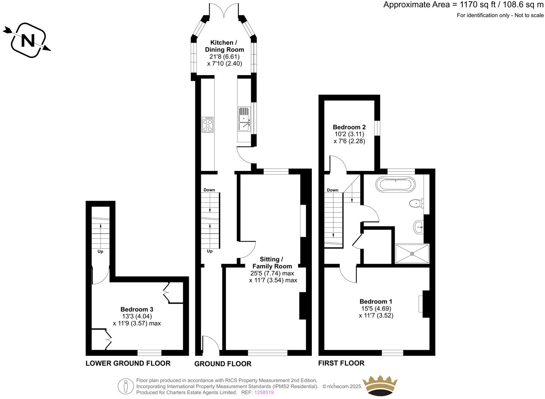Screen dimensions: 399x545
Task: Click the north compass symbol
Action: tap(28, 40)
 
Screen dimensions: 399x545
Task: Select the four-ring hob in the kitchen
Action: tap(208, 125)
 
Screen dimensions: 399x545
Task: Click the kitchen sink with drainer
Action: tap(244, 119)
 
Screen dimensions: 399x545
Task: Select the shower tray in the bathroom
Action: tap(412, 253)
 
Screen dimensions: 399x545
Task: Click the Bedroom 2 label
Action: tap(349, 127)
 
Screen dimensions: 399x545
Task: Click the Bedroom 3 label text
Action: tap(137, 310)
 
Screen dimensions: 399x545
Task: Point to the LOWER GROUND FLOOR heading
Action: tap(128, 363)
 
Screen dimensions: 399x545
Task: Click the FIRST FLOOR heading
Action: tap(341, 363)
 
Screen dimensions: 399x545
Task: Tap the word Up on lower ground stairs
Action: tap(100, 252)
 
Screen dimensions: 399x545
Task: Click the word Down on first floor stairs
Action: tap(332, 190)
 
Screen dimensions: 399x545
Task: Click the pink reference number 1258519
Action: tap(264, 392)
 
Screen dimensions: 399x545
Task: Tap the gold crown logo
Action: tap(380, 385)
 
